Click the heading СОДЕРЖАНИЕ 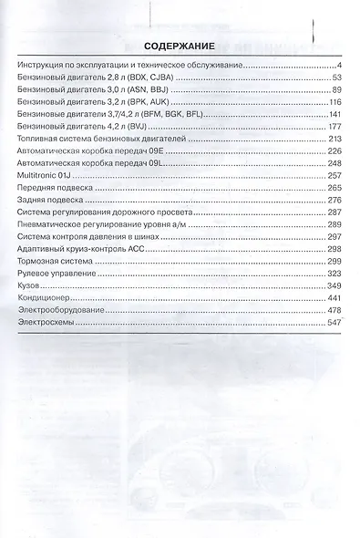[x=179, y=45]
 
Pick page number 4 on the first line [x=337, y=65]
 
